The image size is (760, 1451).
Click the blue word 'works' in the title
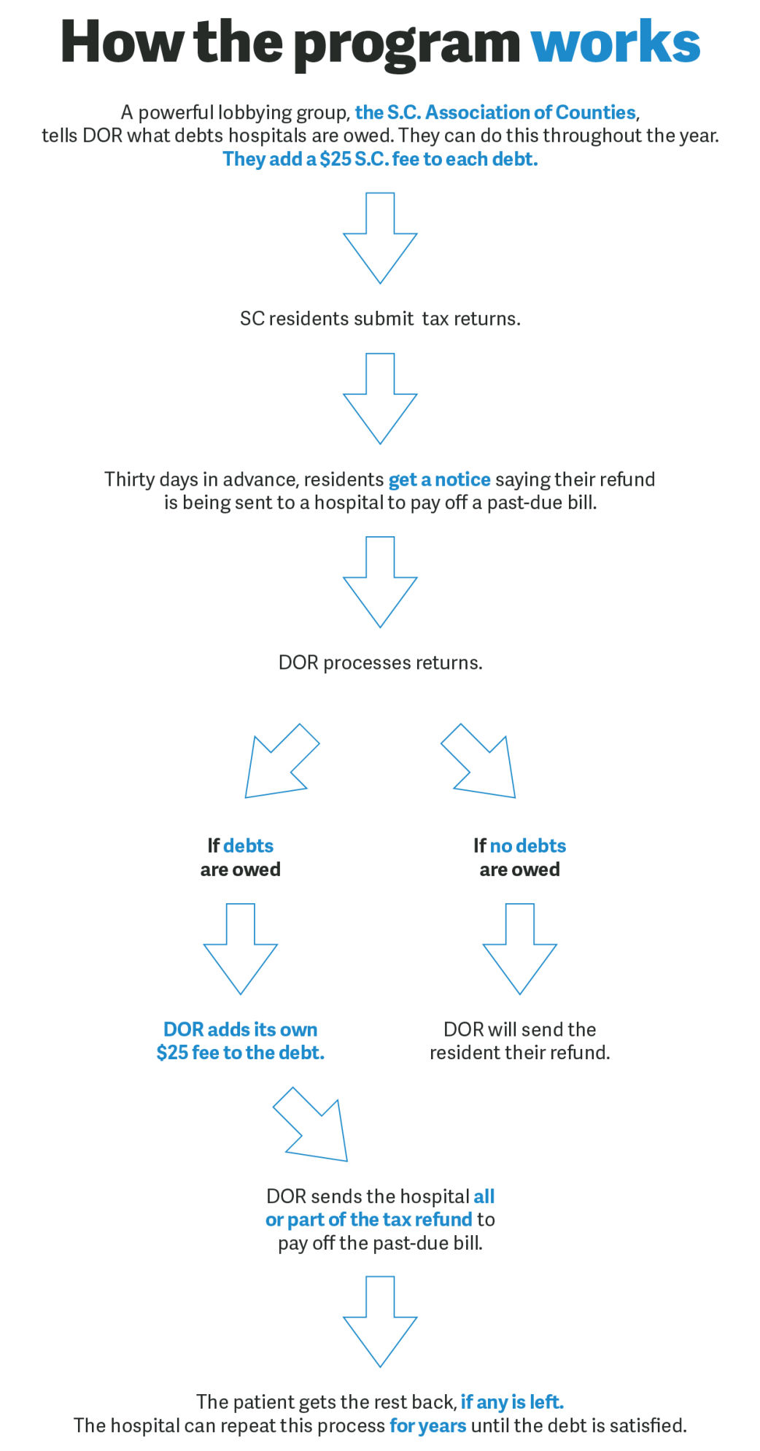pyautogui.click(x=616, y=42)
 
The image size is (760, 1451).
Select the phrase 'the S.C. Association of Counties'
pyautogui.click(x=495, y=112)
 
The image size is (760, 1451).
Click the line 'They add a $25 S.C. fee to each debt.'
pyautogui.click(x=380, y=159)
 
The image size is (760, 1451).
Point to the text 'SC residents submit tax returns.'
pyautogui.click(x=380, y=319)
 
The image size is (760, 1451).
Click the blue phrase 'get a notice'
pyautogui.click(x=439, y=479)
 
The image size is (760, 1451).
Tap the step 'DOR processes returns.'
pyautogui.click(x=380, y=662)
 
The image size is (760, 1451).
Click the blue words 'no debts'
pyautogui.click(x=527, y=846)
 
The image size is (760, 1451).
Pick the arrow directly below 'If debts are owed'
pyautogui.click(x=241, y=948)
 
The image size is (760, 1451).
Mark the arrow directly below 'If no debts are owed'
pyautogui.click(x=519, y=948)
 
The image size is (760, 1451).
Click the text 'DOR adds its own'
pyautogui.click(x=241, y=1029)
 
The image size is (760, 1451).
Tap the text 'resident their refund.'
pyautogui.click(x=519, y=1053)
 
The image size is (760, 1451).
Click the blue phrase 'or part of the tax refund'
pyautogui.click(x=368, y=1220)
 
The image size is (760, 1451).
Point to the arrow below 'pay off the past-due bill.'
pyautogui.click(x=380, y=1321)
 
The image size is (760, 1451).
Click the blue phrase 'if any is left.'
pyautogui.click(x=512, y=1402)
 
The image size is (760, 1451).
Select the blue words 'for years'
pyautogui.click(x=427, y=1425)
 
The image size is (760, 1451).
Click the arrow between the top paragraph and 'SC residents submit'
pyautogui.click(x=380, y=238)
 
